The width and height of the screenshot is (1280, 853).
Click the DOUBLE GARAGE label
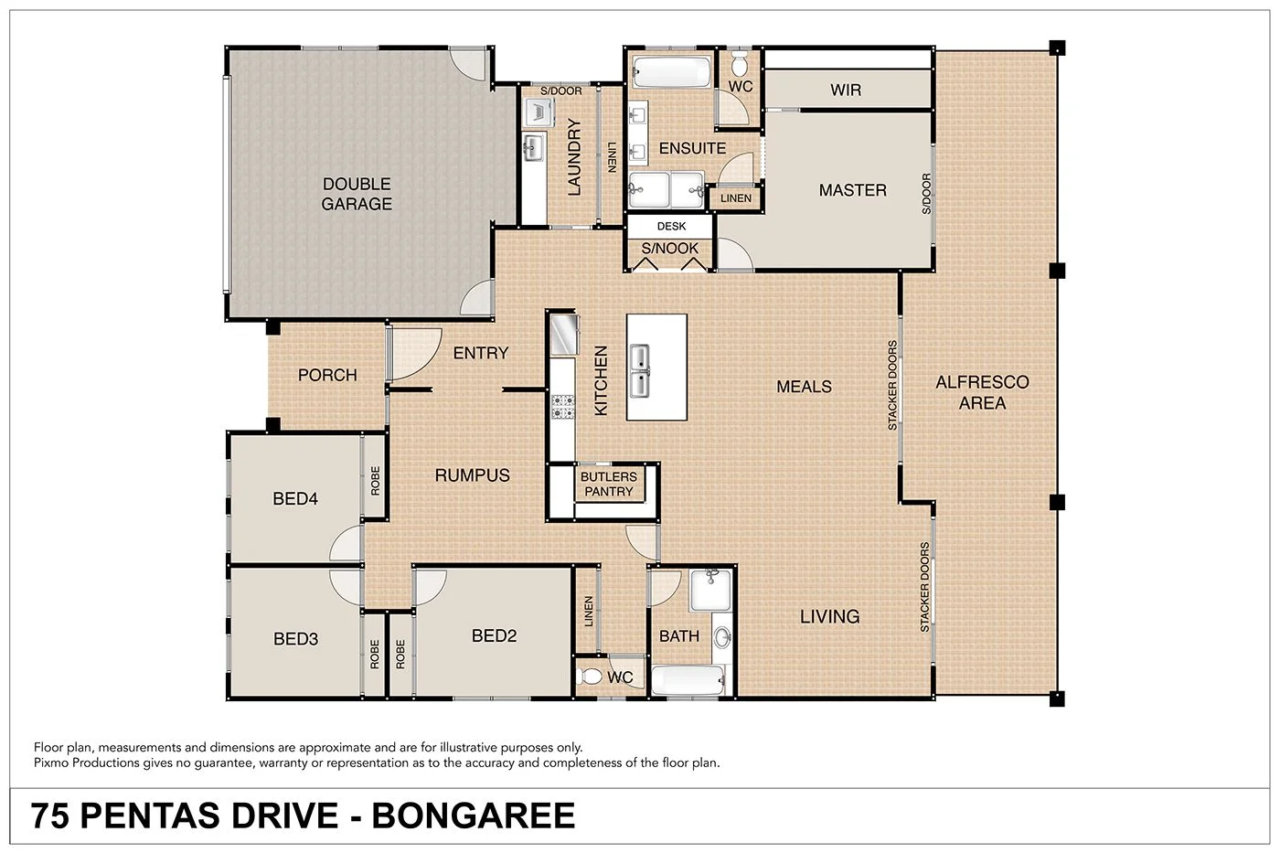(357, 194)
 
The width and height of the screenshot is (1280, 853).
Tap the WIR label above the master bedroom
(845, 90)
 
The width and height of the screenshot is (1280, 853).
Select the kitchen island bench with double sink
(656, 367)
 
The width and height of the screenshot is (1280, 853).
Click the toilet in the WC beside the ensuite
(740, 64)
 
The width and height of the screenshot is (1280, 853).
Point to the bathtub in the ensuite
(669, 71)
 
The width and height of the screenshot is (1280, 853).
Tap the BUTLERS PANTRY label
(608, 484)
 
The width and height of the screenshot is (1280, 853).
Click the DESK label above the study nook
(670, 226)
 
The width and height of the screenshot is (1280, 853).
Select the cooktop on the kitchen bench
(562, 406)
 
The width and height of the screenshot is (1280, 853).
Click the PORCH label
(327, 375)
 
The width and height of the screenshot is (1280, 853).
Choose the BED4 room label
(295, 498)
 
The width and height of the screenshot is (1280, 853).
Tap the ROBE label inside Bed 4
(375, 481)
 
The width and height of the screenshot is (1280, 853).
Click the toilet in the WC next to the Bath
(592, 677)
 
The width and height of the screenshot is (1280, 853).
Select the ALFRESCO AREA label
(982, 392)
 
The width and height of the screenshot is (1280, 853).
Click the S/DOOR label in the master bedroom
(926, 194)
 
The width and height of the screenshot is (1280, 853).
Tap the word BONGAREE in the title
(474, 816)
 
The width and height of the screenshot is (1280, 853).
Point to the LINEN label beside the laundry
(612, 156)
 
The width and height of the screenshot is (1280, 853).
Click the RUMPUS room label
(472, 475)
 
